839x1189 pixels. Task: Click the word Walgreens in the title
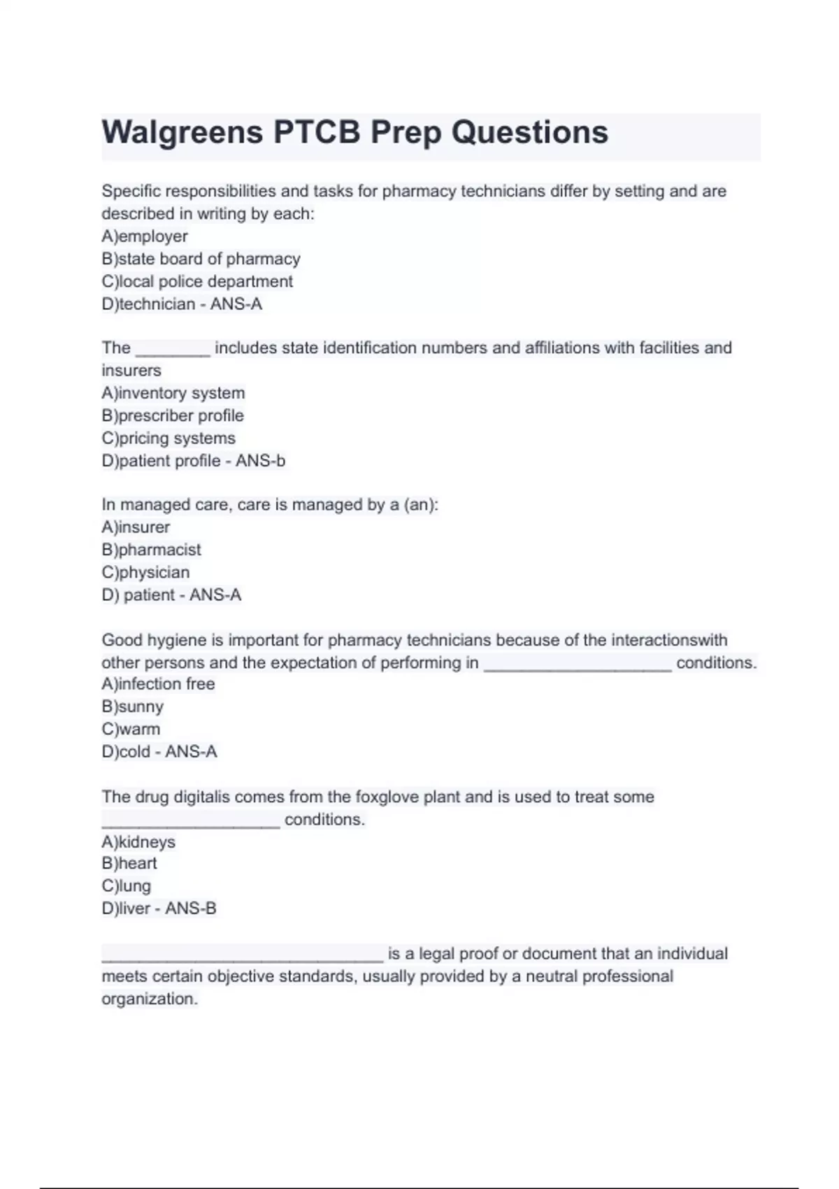pos(182,133)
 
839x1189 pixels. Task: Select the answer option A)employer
pos(145,236)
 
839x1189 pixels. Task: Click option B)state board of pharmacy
pos(201,259)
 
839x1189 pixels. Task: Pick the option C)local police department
pos(197,281)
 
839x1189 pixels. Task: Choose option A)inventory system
pos(173,393)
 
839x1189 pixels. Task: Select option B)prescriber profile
pos(173,415)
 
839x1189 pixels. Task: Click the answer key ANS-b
pos(260,461)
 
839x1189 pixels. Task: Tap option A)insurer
pos(136,527)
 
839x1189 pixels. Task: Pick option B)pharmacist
pos(151,550)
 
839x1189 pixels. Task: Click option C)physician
pos(145,572)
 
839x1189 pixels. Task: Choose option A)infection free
pos(158,684)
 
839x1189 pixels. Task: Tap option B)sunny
pos(133,706)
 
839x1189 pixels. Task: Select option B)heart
pos(129,863)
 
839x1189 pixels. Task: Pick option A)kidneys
pos(138,841)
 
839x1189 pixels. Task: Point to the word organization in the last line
pos(150,999)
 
